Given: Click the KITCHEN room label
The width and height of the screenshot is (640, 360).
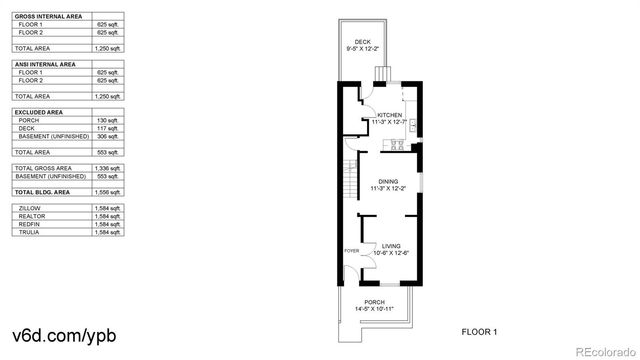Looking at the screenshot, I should [389, 115].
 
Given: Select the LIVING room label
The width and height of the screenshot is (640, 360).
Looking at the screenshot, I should [392, 245].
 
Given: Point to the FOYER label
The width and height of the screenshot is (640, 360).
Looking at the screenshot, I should [351, 250].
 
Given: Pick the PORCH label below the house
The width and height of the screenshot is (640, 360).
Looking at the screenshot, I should [374, 302].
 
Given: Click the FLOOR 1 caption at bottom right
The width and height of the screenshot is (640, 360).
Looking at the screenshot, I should [479, 331].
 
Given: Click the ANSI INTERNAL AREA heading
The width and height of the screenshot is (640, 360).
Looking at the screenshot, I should [45, 63].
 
